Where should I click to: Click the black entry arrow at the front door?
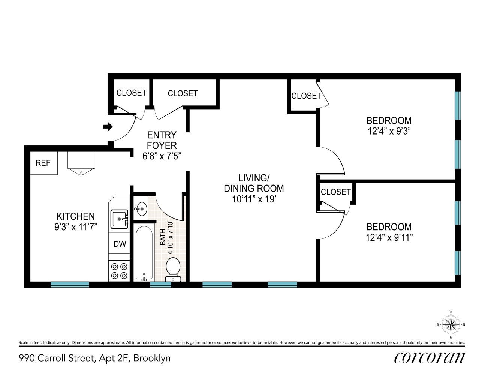tap(107, 127)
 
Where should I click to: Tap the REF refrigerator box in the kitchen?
tap(44, 163)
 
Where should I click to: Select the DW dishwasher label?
tap(120, 244)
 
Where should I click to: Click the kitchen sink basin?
tap(120, 219)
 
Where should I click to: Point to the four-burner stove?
tap(119, 271)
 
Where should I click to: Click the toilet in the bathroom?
tap(173, 270)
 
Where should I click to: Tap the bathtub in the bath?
tap(144, 253)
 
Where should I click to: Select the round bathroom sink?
tap(142, 209)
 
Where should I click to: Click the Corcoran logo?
tap(430, 358)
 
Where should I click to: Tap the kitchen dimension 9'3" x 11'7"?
tap(76, 227)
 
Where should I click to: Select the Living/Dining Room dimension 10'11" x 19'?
tap(254, 199)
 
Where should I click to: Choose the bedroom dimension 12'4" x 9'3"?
tap(389, 131)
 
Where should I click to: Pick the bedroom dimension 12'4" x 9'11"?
tap(389, 237)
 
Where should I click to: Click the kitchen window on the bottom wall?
tap(70, 284)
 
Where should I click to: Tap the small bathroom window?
tap(160, 284)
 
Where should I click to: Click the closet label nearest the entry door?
tap(132, 93)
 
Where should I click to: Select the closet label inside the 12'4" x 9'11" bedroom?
tap(336, 192)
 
